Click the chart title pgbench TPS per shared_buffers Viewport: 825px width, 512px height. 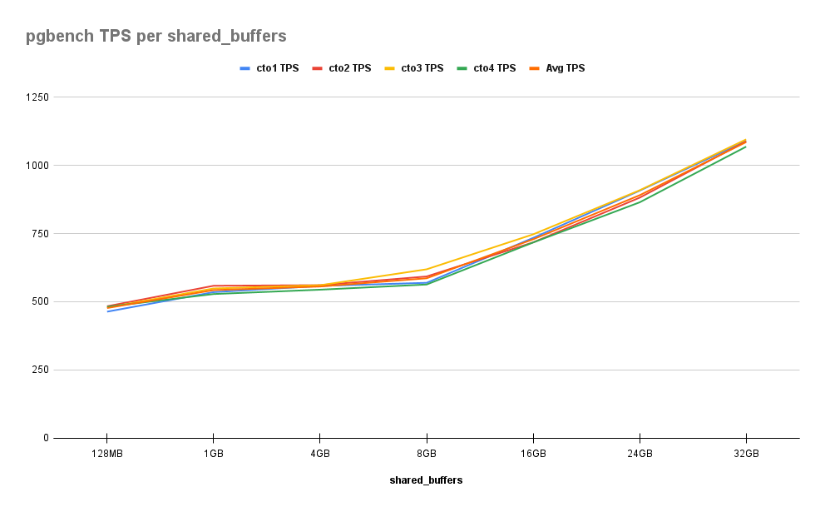point(156,36)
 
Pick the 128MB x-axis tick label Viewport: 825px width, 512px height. point(106,455)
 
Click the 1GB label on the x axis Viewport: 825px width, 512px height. point(213,455)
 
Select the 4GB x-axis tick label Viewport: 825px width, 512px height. point(319,455)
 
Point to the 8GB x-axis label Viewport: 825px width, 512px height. point(426,455)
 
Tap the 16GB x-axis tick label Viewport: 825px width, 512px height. point(532,455)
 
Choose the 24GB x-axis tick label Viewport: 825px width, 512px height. point(639,455)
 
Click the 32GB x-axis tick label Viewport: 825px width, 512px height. point(745,455)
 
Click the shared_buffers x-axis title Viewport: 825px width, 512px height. point(426,480)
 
